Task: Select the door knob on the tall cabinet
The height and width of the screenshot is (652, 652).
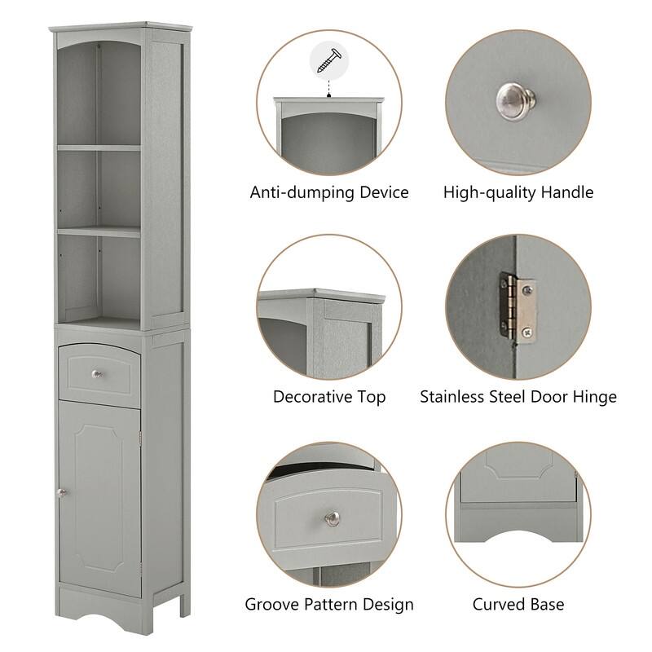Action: [60, 491]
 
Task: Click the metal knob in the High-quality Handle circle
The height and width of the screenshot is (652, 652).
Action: [517, 100]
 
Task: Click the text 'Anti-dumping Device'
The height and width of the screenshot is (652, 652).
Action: [329, 193]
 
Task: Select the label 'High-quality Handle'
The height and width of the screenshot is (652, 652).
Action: [518, 193]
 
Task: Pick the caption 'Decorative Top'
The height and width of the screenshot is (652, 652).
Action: [329, 398]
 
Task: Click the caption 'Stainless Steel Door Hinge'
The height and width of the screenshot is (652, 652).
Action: [518, 398]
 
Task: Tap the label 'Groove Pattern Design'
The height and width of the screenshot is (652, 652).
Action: [329, 605]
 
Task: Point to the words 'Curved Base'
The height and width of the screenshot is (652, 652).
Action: [518, 605]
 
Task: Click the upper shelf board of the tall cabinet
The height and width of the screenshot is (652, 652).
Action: [98, 148]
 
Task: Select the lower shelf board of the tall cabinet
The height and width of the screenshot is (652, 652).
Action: [98, 231]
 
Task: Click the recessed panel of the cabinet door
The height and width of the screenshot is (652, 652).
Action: [99, 497]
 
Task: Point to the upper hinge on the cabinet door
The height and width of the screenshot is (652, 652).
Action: [142, 441]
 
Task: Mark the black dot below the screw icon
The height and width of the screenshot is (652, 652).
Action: [329, 95]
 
